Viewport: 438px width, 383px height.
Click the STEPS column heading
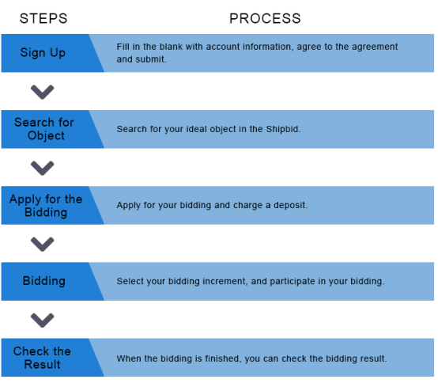[x=43, y=19]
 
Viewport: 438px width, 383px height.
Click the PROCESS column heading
[x=265, y=19]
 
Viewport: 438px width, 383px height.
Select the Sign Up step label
[x=43, y=53]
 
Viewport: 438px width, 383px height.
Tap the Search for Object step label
[x=44, y=129]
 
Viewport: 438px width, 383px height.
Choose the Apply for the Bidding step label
[x=46, y=206]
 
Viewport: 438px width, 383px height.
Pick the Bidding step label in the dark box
[x=43, y=281]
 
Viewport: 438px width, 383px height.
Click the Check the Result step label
[x=42, y=358]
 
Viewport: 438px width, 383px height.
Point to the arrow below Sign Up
[x=42, y=92]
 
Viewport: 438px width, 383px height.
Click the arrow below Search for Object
[x=42, y=168]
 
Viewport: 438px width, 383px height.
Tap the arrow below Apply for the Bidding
[x=42, y=244]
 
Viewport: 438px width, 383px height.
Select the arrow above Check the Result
[x=42, y=320]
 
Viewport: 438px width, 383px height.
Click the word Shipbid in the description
[x=282, y=130]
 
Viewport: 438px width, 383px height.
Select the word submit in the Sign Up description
[x=153, y=59]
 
